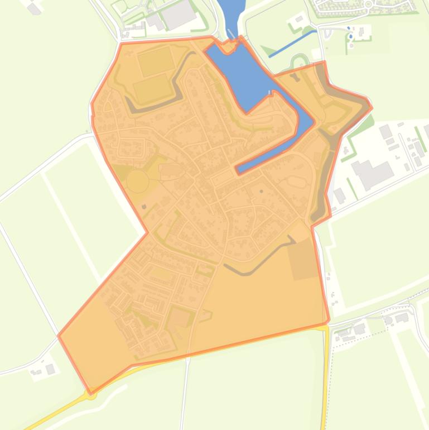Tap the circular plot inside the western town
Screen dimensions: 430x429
coord(137,181)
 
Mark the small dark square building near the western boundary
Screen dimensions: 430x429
coord(144,207)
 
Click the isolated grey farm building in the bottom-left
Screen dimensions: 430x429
coord(50,369)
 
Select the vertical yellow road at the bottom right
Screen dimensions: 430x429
coord(325,380)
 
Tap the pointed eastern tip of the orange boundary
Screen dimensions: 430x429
coord(372,108)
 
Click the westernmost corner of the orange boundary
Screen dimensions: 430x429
coord(59,336)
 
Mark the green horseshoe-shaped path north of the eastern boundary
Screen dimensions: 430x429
coord(300,60)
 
